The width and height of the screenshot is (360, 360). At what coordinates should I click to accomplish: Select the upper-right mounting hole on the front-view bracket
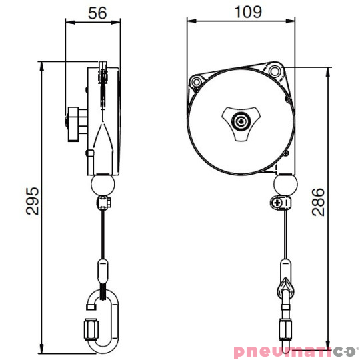275,70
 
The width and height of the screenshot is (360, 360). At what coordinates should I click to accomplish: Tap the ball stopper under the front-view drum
285,183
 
